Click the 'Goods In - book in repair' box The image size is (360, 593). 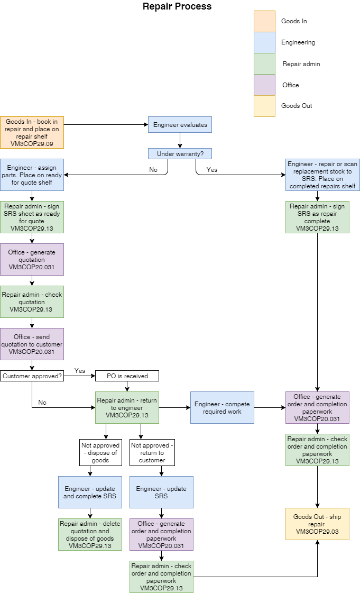click(32, 132)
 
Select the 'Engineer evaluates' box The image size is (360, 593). click(180, 125)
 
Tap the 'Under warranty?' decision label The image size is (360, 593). click(180, 154)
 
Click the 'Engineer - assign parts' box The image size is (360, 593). click(32, 175)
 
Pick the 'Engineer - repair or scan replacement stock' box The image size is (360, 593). click(322, 175)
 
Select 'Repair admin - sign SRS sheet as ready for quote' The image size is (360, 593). click(32, 217)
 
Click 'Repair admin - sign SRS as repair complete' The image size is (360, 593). click(317, 217)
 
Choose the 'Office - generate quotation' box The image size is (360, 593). click(32, 259)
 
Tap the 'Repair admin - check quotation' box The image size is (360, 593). click(32, 302)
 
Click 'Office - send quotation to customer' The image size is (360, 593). click(32, 344)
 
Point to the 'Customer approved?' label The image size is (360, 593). click(32, 376)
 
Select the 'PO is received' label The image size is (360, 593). click(127, 376)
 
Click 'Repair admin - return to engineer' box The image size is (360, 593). click(127, 407)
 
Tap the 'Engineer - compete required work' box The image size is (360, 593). click(222, 407)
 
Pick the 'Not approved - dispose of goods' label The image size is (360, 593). click(100, 452)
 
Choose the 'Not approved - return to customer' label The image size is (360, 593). click(152, 452)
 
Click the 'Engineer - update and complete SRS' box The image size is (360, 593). click(90, 492)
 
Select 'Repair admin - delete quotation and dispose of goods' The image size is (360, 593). click(90, 534)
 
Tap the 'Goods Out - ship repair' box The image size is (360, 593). click(317, 524)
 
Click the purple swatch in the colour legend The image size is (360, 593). click(264, 85)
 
